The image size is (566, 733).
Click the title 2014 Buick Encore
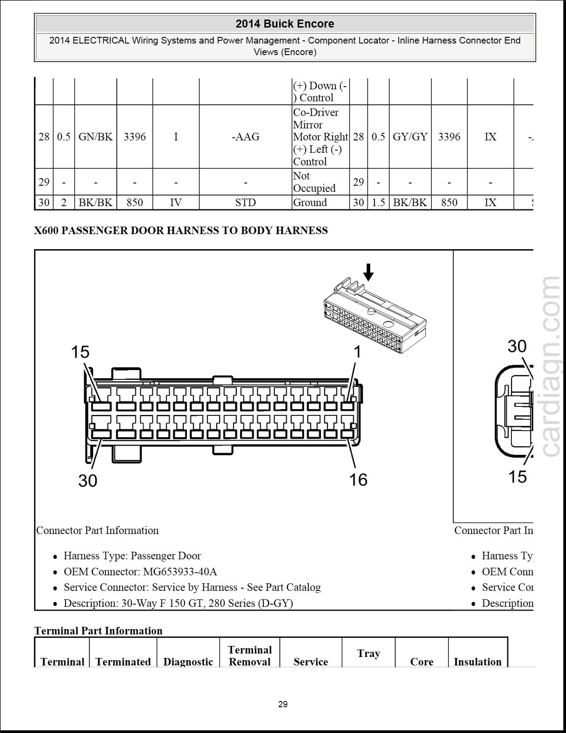285,24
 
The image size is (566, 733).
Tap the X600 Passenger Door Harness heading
181,231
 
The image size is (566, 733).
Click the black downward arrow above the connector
368,272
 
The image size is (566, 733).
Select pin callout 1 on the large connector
357,352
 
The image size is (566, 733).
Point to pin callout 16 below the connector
358,480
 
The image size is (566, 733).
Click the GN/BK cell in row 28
95,137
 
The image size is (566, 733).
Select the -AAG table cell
245,137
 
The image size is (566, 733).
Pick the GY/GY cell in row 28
410,137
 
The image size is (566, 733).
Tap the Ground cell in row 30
310,203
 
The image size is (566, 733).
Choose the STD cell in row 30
245,203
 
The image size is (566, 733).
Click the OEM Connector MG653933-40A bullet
140,572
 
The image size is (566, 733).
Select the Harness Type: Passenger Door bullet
132,556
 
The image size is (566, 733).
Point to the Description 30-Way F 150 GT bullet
178,603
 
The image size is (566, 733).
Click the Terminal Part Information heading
98,631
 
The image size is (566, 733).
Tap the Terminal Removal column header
249,656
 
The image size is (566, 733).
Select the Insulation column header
477,661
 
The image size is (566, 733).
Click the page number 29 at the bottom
283,704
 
